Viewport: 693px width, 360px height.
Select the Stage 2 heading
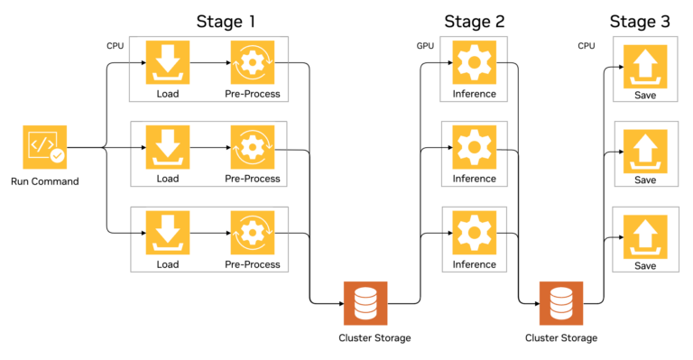(x=475, y=21)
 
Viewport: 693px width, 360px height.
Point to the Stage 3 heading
(x=640, y=21)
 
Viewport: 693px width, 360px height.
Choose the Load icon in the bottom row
(x=168, y=233)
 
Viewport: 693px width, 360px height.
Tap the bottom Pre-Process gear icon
(x=252, y=233)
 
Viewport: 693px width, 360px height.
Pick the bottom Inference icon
(x=474, y=233)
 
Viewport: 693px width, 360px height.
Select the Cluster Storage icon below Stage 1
(x=365, y=303)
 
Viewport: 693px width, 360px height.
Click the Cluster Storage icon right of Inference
(x=560, y=303)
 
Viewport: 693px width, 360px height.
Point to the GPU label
(x=426, y=45)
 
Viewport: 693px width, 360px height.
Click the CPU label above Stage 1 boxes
(x=115, y=45)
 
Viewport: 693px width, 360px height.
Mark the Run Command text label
(x=44, y=181)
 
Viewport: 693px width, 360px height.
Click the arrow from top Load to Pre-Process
(x=209, y=63)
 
